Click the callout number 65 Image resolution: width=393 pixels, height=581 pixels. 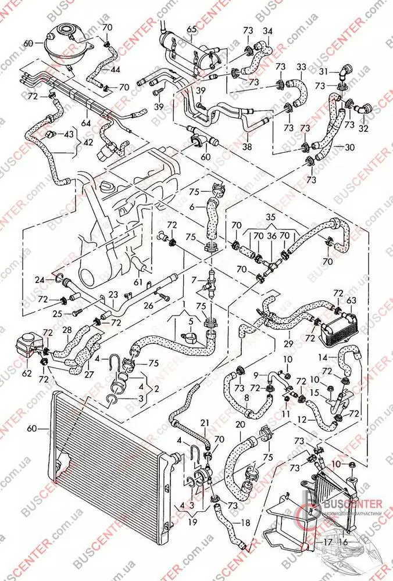click(192, 29)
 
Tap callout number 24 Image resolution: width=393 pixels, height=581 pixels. click(40, 279)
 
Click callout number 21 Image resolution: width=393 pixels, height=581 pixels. click(204, 422)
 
